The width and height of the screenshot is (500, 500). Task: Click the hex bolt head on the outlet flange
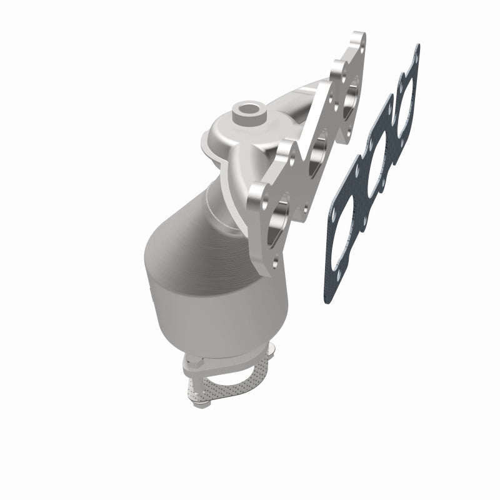(194, 362)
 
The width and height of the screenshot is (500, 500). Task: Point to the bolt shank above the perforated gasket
(195, 378)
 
